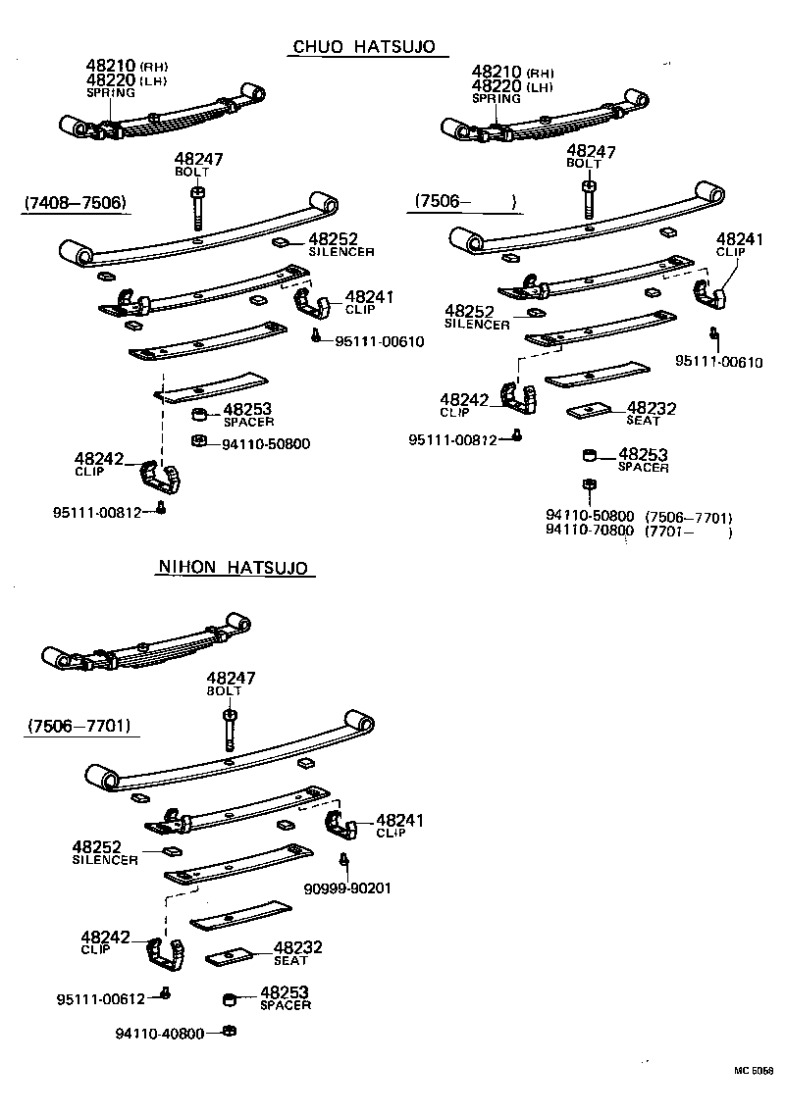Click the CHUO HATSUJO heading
click(362, 47)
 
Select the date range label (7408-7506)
click(75, 203)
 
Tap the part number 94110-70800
click(589, 531)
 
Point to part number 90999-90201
click(347, 888)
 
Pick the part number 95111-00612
click(100, 998)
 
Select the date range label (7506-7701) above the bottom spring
click(79, 726)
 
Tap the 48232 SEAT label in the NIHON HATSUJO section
click(297, 952)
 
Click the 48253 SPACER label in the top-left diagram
click(246, 415)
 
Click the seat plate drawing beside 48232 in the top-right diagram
click(589, 410)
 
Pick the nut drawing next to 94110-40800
click(228, 1031)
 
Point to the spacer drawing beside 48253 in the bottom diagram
click(229, 999)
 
